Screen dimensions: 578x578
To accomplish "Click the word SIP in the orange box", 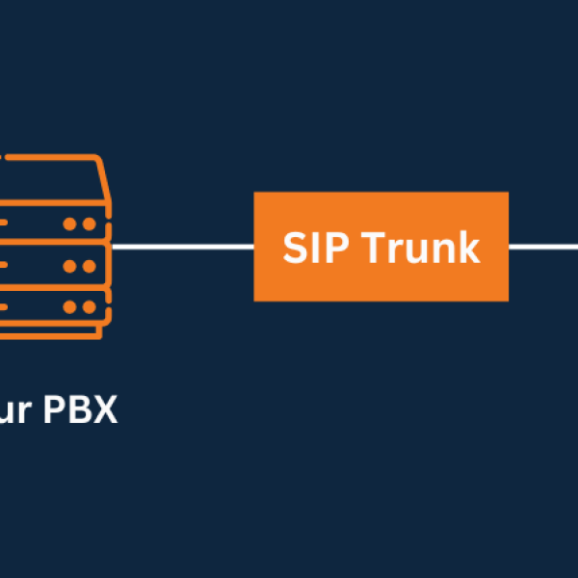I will click(x=312, y=248).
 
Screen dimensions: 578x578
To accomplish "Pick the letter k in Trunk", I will click(x=468, y=248).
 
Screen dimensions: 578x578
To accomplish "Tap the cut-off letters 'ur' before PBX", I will click(x=17, y=411).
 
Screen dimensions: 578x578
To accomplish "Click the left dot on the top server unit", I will click(x=70, y=223).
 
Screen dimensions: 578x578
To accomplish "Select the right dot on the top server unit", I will click(x=89, y=223).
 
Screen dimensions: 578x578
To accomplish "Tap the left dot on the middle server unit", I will click(x=70, y=266).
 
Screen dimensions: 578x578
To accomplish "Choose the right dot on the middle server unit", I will click(x=89, y=266).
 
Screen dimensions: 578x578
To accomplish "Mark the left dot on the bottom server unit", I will click(x=70, y=308).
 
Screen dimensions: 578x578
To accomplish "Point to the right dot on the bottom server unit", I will click(x=89, y=308).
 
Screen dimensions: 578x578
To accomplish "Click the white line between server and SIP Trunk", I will click(x=183, y=247).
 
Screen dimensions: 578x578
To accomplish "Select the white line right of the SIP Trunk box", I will click(x=542, y=247).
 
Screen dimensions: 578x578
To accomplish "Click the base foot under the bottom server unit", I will click(x=48, y=333).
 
